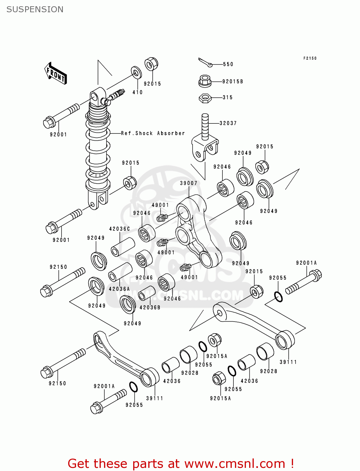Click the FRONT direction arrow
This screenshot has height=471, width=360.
click(x=56, y=73)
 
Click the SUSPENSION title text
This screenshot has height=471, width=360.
click(x=35, y=9)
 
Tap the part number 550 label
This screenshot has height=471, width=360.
click(x=228, y=64)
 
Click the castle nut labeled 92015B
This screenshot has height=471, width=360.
click(x=205, y=81)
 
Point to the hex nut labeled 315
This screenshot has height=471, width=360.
click(x=205, y=98)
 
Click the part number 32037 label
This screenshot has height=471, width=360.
click(x=228, y=123)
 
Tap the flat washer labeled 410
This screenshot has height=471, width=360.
click(x=136, y=73)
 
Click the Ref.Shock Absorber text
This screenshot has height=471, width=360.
click(x=153, y=133)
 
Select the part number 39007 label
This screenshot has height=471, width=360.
click(x=188, y=183)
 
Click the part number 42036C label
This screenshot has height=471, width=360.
click(x=119, y=229)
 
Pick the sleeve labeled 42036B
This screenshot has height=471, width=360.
click(x=147, y=293)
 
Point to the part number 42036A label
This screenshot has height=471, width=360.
click(x=119, y=289)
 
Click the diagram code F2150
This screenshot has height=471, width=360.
click(x=310, y=58)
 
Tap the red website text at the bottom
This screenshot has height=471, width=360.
click(x=181, y=463)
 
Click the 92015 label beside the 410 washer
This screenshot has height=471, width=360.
click(x=152, y=84)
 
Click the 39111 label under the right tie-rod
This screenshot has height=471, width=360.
click(x=288, y=362)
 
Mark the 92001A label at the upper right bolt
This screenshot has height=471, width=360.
click(x=306, y=263)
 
